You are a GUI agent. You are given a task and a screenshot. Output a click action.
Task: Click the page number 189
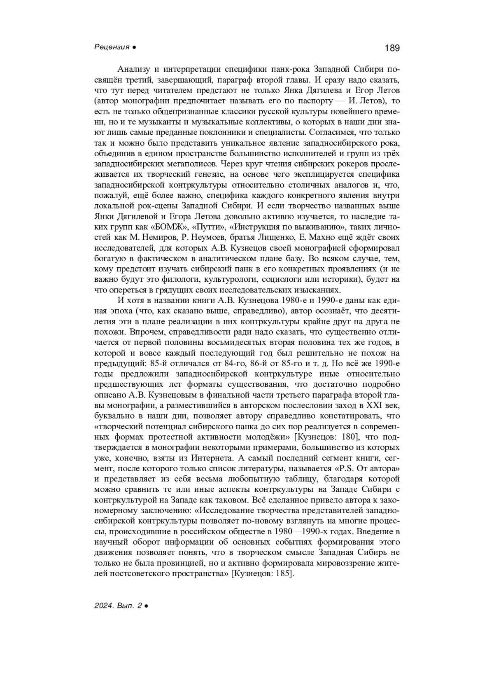coord(392,48)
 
